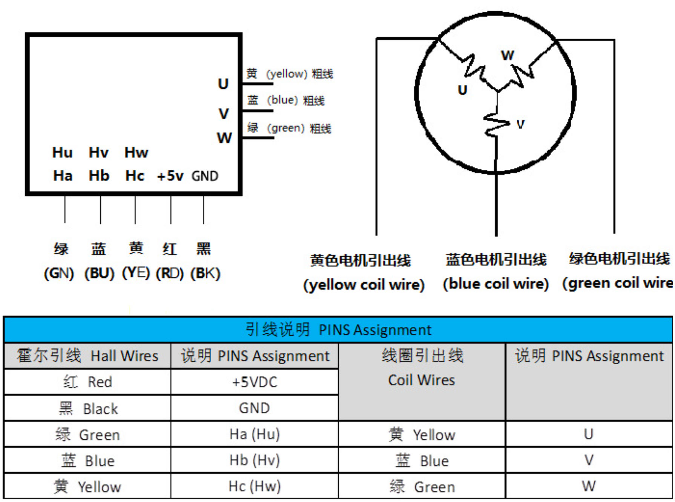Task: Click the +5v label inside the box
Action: (170, 176)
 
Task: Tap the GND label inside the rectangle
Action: (205, 176)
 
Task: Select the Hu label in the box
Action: (62, 152)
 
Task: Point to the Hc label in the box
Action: (135, 176)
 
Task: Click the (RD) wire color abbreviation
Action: (170, 273)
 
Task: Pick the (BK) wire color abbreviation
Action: (205, 273)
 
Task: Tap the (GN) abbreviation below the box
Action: (59, 273)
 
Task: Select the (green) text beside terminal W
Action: (285, 128)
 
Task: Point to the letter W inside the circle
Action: (508, 55)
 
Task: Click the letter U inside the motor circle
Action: (462, 90)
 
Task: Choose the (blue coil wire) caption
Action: (496, 284)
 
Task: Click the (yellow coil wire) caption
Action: (364, 285)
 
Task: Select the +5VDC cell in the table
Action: (255, 382)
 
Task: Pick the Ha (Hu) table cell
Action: (255, 434)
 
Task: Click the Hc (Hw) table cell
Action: (255, 486)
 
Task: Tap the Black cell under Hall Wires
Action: (87, 408)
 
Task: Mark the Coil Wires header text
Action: (422, 380)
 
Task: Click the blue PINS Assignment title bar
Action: (338, 330)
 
